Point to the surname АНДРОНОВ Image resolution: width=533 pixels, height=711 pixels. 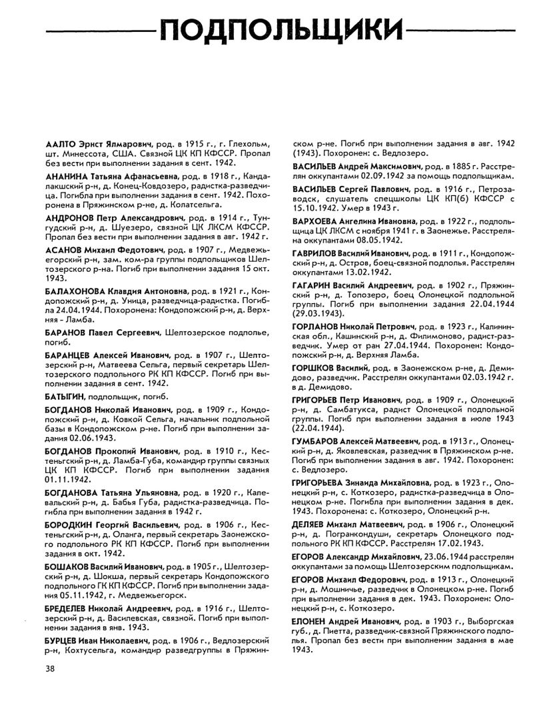(72, 217)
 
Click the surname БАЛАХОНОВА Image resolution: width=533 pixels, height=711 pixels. (79, 292)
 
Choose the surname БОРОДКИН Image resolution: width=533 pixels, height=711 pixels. (71, 524)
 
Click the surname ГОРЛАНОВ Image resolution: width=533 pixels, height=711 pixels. (317, 328)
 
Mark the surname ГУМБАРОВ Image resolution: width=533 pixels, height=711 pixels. (316, 441)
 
